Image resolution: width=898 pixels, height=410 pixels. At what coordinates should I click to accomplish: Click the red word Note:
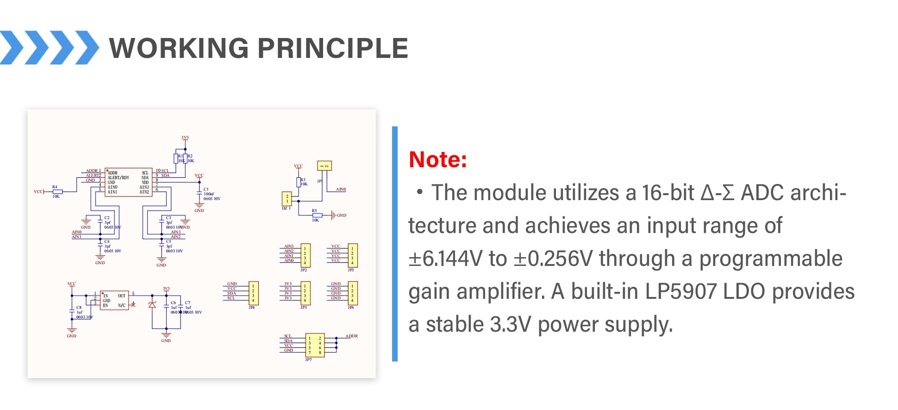pyautogui.click(x=437, y=160)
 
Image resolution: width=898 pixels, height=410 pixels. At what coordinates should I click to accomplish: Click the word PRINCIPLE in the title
pyautogui.click(x=332, y=49)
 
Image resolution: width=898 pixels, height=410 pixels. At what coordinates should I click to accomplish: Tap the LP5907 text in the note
pyautogui.click(x=680, y=292)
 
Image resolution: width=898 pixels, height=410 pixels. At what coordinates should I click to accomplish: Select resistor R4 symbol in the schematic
pyautogui.click(x=57, y=191)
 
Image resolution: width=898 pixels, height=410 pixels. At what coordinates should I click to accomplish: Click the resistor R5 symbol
pyautogui.click(x=317, y=215)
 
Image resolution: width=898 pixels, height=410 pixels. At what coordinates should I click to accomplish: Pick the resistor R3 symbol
pyautogui.click(x=299, y=182)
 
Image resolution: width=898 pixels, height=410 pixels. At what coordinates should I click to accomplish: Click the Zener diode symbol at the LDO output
pyautogui.click(x=152, y=305)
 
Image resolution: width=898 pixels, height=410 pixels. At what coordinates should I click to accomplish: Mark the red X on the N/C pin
pyautogui.click(x=133, y=305)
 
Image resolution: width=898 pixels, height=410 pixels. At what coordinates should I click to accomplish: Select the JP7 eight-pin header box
pyautogui.click(x=315, y=345)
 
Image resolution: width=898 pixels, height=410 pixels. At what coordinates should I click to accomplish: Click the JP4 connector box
pyautogui.click(x=253, y=293)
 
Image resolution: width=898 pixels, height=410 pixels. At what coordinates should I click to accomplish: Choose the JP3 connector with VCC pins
pyautogui.click(x=352, y=255)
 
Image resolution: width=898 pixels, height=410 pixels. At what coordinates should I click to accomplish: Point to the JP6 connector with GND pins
pyautogui.click(x=352, y=293)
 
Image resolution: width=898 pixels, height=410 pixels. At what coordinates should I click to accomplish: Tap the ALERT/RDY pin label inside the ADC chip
pyautogui.click(x=118, y=177)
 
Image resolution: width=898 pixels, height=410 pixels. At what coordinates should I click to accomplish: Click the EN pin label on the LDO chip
pyautogui.click(x=106, y=306)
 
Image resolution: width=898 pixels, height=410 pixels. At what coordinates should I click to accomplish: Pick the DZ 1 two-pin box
pyautogui.click(x=287, y=199)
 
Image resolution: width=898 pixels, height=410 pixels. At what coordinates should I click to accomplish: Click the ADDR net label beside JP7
pyautogui.click(x=351, y=336)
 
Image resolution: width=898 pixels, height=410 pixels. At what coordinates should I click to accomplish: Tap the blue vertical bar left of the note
pyautogui.click(x=394, y=243)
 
